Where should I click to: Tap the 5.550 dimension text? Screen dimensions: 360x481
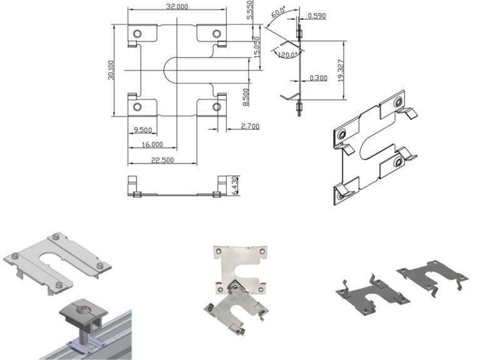249,11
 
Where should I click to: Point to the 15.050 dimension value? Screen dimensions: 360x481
257,47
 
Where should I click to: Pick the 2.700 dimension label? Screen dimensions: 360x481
249,126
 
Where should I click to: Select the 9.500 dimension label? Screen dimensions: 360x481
142,130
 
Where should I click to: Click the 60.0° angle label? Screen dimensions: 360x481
277,13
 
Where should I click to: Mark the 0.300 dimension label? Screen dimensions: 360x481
319,78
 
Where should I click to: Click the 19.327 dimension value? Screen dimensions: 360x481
340,70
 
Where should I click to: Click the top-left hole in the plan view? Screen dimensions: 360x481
138,33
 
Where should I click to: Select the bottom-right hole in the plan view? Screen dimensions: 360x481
217,107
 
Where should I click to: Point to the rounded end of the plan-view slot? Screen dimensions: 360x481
167,70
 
